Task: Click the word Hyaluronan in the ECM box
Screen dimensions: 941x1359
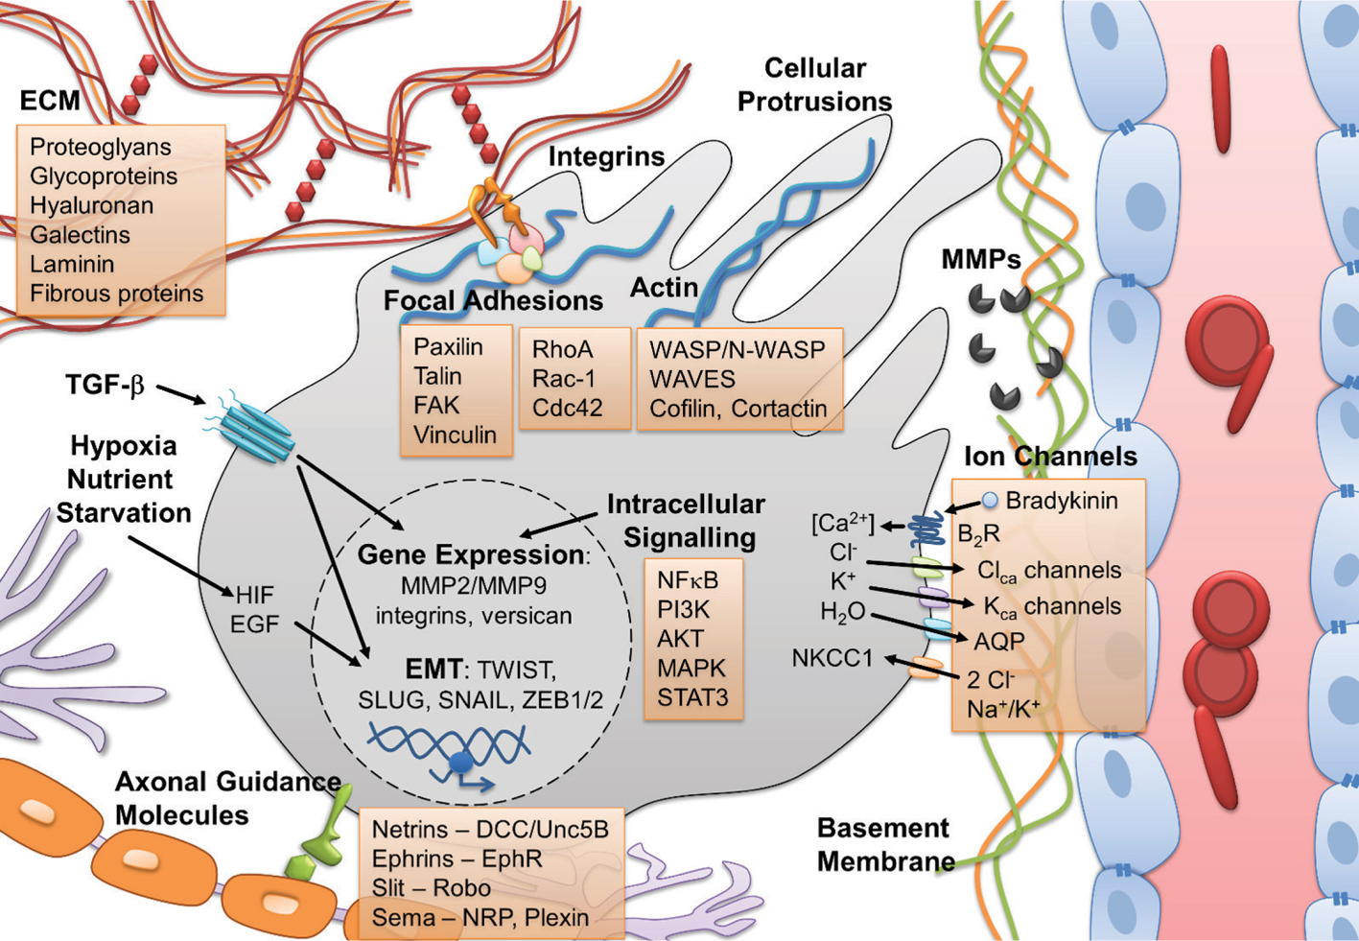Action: [91, 205]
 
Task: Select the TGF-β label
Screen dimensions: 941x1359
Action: [105, 386]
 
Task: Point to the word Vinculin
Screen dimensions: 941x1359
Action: [455, 435]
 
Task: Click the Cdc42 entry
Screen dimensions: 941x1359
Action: [568, 408]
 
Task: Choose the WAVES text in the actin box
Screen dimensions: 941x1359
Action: [692, 379]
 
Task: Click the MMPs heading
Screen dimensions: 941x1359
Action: [980, 259]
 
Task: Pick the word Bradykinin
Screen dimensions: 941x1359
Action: [1061, 501]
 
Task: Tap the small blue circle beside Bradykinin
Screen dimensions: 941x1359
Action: [990, 500]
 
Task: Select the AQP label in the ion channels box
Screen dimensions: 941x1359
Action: [999, 642]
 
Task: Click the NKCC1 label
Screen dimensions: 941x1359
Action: [832, 659]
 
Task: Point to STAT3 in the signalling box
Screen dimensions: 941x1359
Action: [692, 697]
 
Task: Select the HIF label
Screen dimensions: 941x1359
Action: [254, 596]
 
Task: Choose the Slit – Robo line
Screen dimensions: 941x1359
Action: [431, 888]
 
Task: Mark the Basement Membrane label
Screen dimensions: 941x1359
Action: [884, 845]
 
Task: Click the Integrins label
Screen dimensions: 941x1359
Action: [606, 156]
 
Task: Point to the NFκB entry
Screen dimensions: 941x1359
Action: [688, 579]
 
